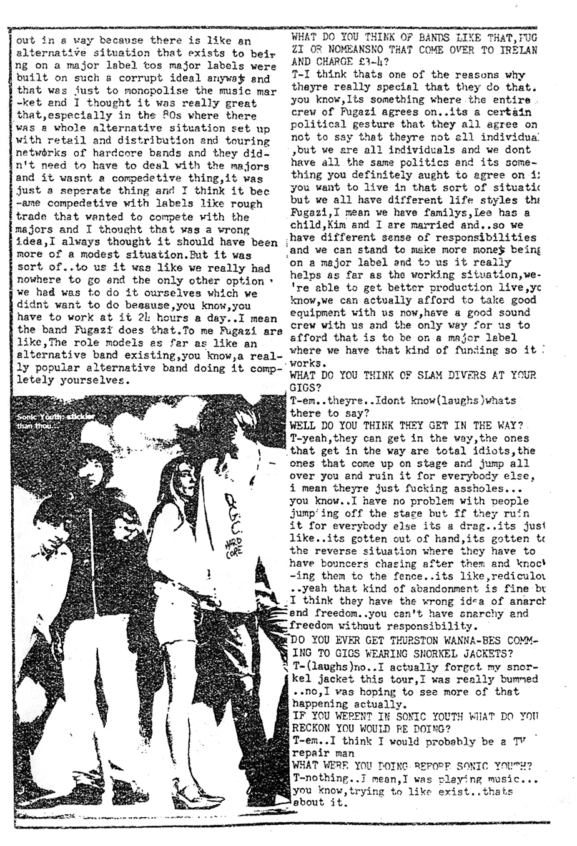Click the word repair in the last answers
[311, 752]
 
